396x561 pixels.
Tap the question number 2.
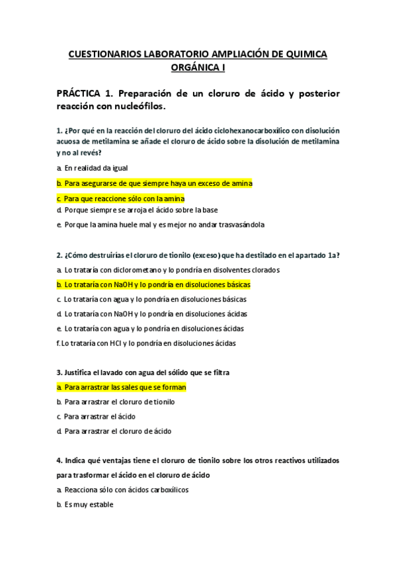(59, 255)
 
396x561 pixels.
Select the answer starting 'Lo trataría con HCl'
(147, 343)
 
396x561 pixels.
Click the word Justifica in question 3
(79, 372)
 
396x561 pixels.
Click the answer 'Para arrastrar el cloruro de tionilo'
(120, 402)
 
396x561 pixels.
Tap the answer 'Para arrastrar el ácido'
(100, 416)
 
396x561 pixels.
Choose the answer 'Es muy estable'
(89, 504)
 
